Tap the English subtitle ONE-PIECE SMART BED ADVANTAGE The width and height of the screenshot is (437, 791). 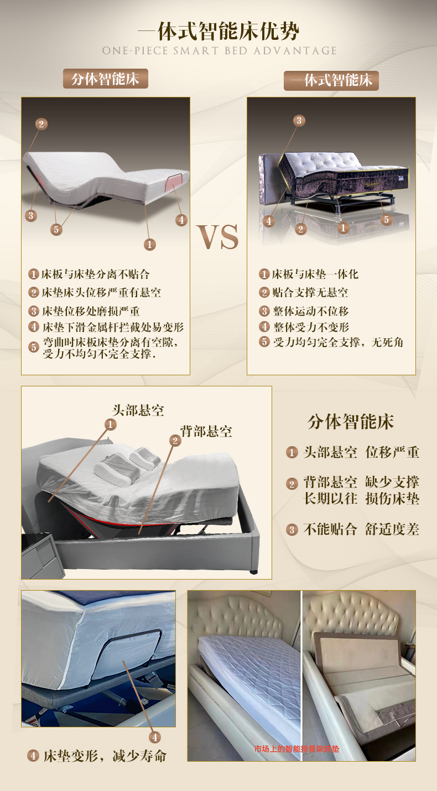pos(219,51)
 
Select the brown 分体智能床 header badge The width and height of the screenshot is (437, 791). pos(105,79)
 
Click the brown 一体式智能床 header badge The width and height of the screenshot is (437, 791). pos(331,80)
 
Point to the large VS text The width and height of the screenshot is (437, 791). pos(218,237)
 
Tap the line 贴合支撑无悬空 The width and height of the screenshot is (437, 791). pos(310,292)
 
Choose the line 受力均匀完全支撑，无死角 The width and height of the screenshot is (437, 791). pos(337,342)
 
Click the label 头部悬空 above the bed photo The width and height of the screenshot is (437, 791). pos(138,410)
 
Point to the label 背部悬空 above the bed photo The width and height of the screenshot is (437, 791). pos(206,431)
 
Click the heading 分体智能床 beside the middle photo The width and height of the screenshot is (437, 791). pos(351,422)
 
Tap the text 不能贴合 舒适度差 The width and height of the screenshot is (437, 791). pos(361,529)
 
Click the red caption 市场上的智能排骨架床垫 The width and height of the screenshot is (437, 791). pos(296,749)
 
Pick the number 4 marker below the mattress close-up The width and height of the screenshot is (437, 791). pos(155,737)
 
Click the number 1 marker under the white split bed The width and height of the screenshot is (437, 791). pos(149,244)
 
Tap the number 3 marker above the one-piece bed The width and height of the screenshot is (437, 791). pos(299,121)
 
